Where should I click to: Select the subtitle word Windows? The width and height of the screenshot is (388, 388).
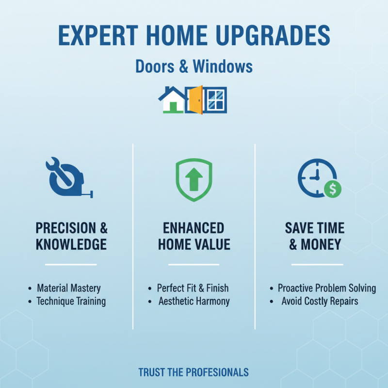223,66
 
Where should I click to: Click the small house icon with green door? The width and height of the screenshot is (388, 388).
173,100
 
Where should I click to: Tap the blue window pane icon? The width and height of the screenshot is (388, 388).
215,100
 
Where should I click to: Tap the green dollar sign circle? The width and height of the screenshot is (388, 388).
333,189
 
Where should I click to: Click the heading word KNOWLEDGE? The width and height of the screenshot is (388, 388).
71,244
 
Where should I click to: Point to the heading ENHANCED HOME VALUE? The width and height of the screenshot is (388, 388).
194,236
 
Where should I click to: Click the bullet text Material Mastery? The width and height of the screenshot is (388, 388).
68,288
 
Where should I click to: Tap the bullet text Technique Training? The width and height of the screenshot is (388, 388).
71,301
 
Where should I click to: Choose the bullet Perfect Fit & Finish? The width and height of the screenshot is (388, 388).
193,288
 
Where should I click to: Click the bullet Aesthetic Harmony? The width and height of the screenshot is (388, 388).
194,301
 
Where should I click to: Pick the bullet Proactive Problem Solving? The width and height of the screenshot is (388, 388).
326,288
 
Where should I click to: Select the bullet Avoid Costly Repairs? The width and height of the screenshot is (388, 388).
320,301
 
